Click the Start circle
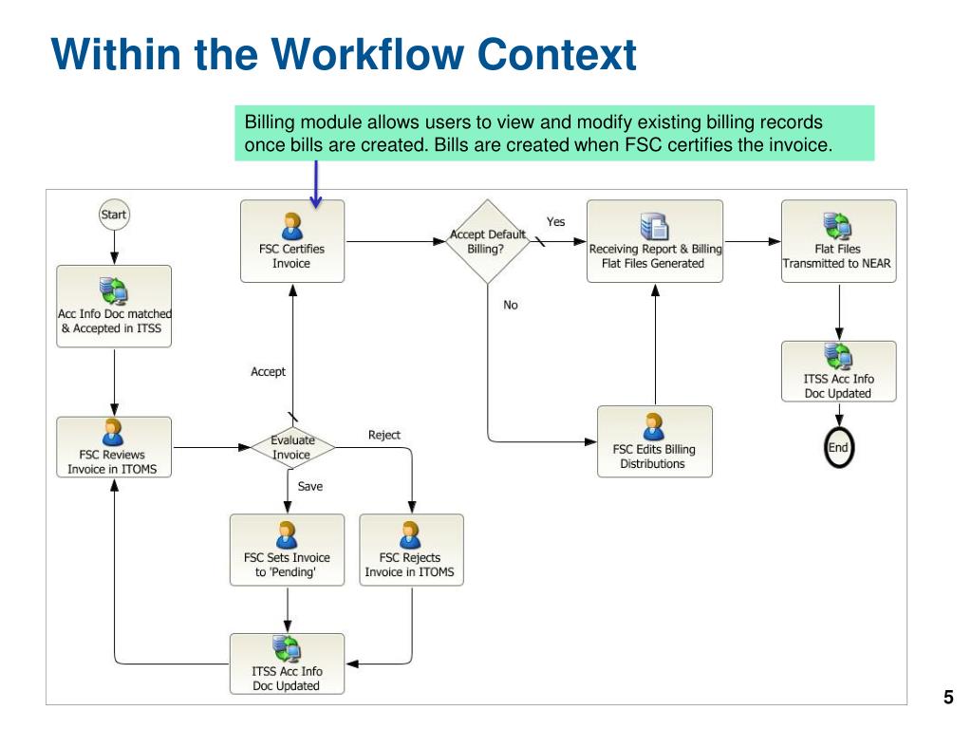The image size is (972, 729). click(113, 215)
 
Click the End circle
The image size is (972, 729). click(838, 448)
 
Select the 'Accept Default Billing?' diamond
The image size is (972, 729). click(487, 241)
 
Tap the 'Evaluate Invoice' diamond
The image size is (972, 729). click(291, 447)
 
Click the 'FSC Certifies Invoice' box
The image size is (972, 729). click(291, 241)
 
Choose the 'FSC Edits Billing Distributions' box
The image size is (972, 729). click(653, 441)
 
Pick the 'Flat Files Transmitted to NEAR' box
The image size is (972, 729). click(838, 241)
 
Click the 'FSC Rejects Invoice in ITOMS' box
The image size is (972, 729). click(410, 550)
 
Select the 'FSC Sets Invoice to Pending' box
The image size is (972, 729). click(287, 550)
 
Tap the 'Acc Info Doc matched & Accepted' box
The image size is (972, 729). click(114, 306)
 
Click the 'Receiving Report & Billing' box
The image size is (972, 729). click(654, 241)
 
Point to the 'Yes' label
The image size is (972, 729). click(556, 222)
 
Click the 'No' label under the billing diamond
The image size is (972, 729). click(511, 306)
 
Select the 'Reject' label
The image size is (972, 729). click(384, 435)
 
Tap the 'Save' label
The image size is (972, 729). click(310, 486)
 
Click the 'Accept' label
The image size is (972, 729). click(268, 371)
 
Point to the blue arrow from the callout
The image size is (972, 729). click(316, 181)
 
